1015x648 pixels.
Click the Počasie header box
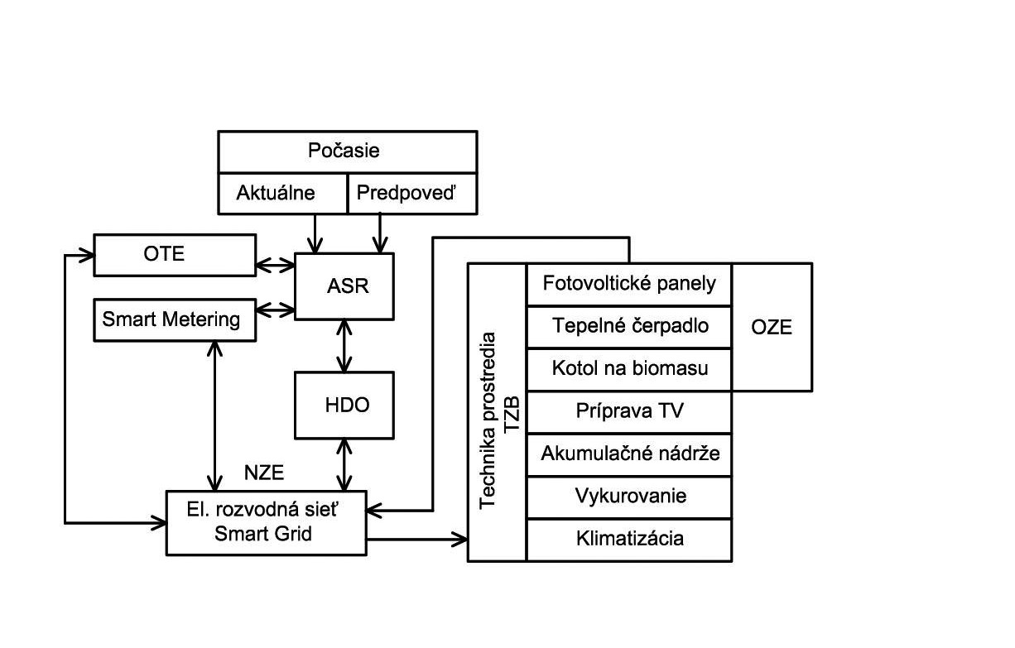point(347,151)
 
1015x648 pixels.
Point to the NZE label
point(264,473)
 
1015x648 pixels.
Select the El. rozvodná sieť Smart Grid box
point(266,523)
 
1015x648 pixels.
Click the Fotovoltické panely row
point(629,284)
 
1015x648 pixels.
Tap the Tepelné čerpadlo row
point(629,326)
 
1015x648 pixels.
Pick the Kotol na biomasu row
point(629,368)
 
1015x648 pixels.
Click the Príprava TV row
point(629,411)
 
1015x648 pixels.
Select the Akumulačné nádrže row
point(629,454)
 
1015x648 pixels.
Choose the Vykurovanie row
point(629,497)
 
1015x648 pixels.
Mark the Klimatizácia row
point(629,540)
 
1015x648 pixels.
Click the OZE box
point(772,327)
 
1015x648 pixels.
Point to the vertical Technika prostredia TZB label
point(498,412)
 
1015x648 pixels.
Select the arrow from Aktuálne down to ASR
point(315,233)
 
